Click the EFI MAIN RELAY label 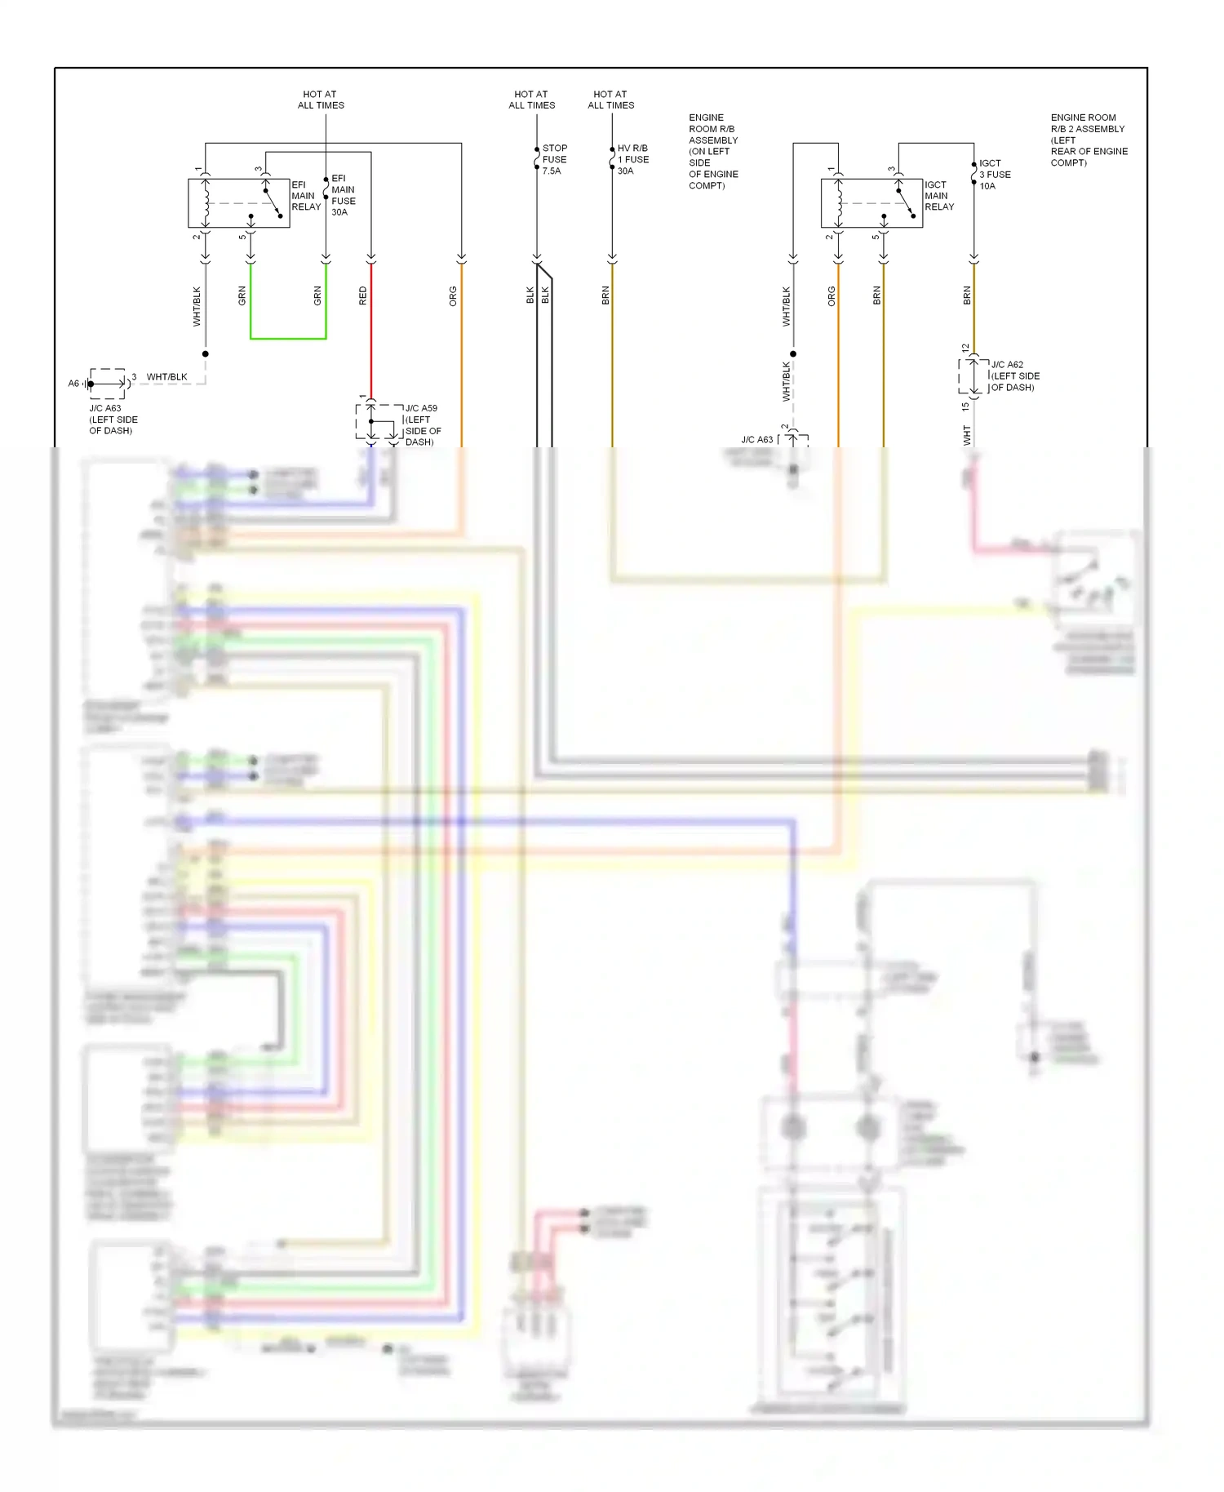(x=306, y=196)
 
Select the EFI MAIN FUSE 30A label (x=343, y=195)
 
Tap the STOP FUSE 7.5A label (x=554, y=159)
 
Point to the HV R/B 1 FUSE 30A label (x=632, y=159)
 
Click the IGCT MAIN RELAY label (x=938, y=196)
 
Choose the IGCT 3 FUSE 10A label (x=994, y=175)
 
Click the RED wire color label (x=363, y=295)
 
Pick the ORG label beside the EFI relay (x=453, y=296)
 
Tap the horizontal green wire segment (x=288, y=338)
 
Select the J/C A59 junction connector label (x=423, y=424)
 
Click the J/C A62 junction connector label (x=1014, y=375)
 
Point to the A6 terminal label (x=73, y=384)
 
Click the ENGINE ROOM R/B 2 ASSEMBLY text (x=1089, y=140)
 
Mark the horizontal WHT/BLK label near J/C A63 (x=166, y=377)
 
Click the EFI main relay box (x=238, y=202)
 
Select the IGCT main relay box (x=871, y=202)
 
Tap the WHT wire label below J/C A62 (x=967, y=435)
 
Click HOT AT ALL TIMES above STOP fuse (x=531, y=100)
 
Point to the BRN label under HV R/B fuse (x=605, y=295)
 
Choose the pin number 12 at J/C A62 (x=965, y=349)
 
